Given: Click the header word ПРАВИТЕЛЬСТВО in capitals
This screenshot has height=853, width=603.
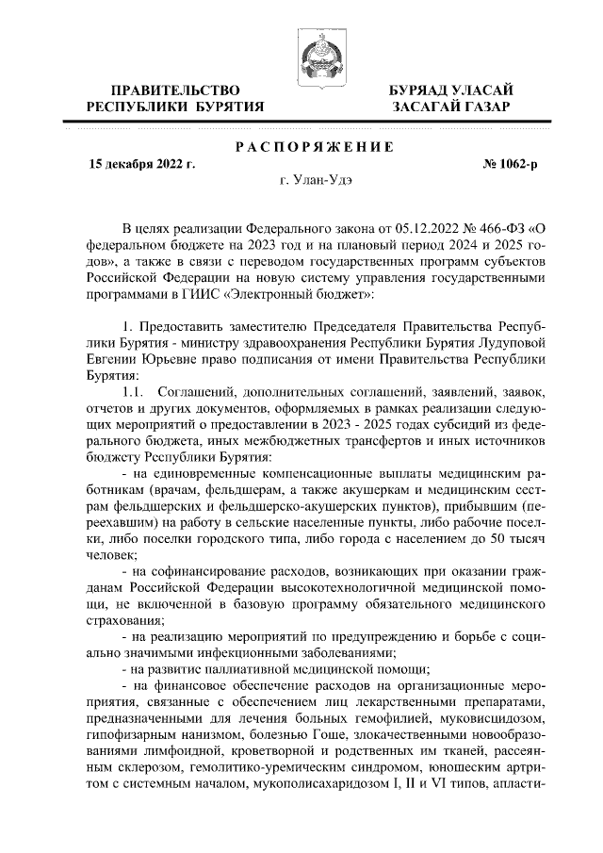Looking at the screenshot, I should [175, 90].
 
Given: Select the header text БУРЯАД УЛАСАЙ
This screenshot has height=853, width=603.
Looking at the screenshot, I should [451, 90].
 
